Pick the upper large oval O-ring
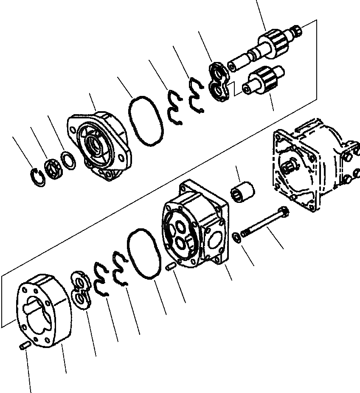[146, 121]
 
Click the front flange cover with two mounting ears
[100, 144]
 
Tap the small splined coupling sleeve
[244, 191]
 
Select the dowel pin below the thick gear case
[23, 346]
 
